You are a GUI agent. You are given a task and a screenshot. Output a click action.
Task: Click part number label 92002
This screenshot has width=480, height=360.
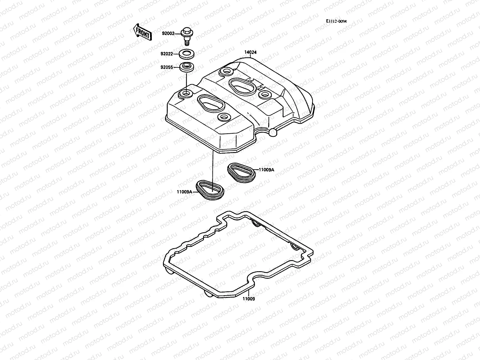(168, 34)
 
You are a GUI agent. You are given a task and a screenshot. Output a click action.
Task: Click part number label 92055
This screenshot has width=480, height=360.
(166, 67)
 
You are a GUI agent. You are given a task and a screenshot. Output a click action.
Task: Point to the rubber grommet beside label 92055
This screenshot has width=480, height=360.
(187, 67)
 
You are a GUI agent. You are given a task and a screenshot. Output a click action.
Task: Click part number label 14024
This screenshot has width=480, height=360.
(250, 52)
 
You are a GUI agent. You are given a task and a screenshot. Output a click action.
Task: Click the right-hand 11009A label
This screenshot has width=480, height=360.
(266, 169)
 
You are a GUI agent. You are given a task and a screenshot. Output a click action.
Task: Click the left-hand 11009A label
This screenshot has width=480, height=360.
(184, 192)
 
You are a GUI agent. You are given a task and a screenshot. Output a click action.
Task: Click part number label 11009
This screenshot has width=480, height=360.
(249, 299)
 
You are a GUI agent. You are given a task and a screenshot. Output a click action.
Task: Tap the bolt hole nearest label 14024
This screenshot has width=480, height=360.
(226, 72)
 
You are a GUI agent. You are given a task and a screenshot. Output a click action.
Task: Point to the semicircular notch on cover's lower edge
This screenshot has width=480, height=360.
(263, 130)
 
